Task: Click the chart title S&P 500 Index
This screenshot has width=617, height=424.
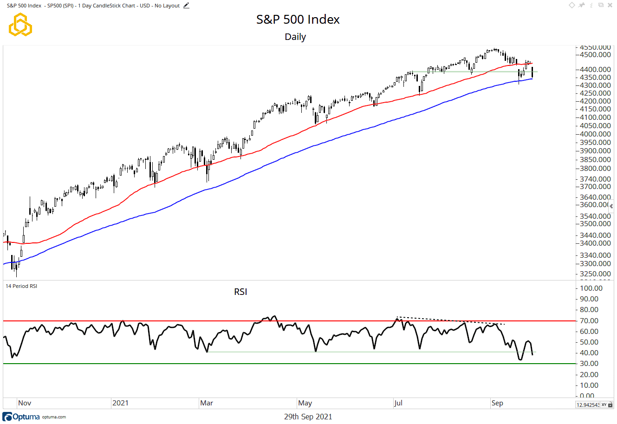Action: click(298, 20)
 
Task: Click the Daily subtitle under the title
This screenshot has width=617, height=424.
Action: click(295, 37)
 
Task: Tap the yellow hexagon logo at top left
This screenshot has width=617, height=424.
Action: click(20, 25)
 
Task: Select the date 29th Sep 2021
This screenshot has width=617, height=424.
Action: click(308, 417)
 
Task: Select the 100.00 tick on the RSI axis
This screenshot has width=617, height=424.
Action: click(591, 288)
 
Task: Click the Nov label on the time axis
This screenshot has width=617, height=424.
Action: click(25, 403)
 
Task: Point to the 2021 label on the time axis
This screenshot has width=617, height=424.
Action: click(120, 403)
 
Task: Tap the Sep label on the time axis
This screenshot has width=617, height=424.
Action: click(497, 403)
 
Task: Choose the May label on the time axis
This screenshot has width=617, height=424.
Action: click(305, 403)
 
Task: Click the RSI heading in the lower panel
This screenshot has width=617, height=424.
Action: click(240, 292)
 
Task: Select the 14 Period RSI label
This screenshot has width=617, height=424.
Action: click(21, 286)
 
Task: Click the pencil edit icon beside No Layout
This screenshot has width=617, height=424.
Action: click(186, 6)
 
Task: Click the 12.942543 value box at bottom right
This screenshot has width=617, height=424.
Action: click(588, 405)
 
